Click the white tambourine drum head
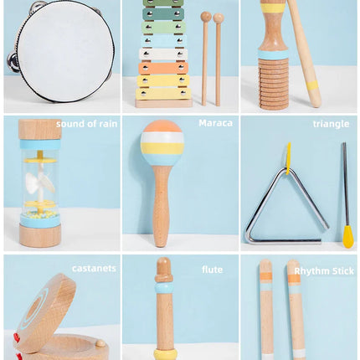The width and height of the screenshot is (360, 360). tap(64, 51)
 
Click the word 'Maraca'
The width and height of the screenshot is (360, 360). tap(216, 123)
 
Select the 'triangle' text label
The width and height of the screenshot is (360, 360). tap(331, 124)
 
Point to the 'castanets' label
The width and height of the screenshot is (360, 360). tap(94, 269)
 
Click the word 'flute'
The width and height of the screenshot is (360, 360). tap(212, 270)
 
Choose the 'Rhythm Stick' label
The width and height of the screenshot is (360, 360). tap(324, 270)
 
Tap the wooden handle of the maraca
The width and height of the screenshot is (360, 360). tap(162, 209)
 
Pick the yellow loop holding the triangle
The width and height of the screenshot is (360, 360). tap(288, 157)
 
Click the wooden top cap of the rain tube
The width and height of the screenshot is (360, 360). tap(40, 129)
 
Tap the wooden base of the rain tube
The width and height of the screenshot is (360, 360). tap(40, 235)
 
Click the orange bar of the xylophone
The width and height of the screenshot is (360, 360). tap(163, 68)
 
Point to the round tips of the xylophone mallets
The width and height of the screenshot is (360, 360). tap(212, 17)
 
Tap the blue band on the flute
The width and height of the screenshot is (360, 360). tap(164, 287)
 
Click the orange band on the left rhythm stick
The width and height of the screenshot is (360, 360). tap(265, 275)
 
